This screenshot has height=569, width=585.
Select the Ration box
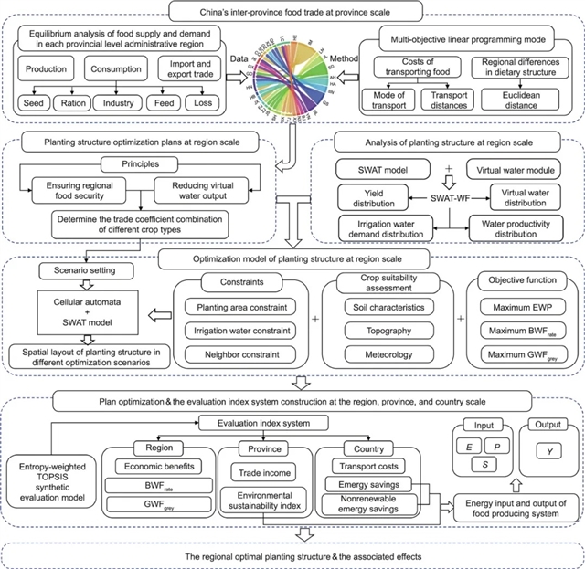pyautogui.click(x=80, y=102)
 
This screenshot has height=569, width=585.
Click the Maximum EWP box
pyautogui.click(x=518, y=307)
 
